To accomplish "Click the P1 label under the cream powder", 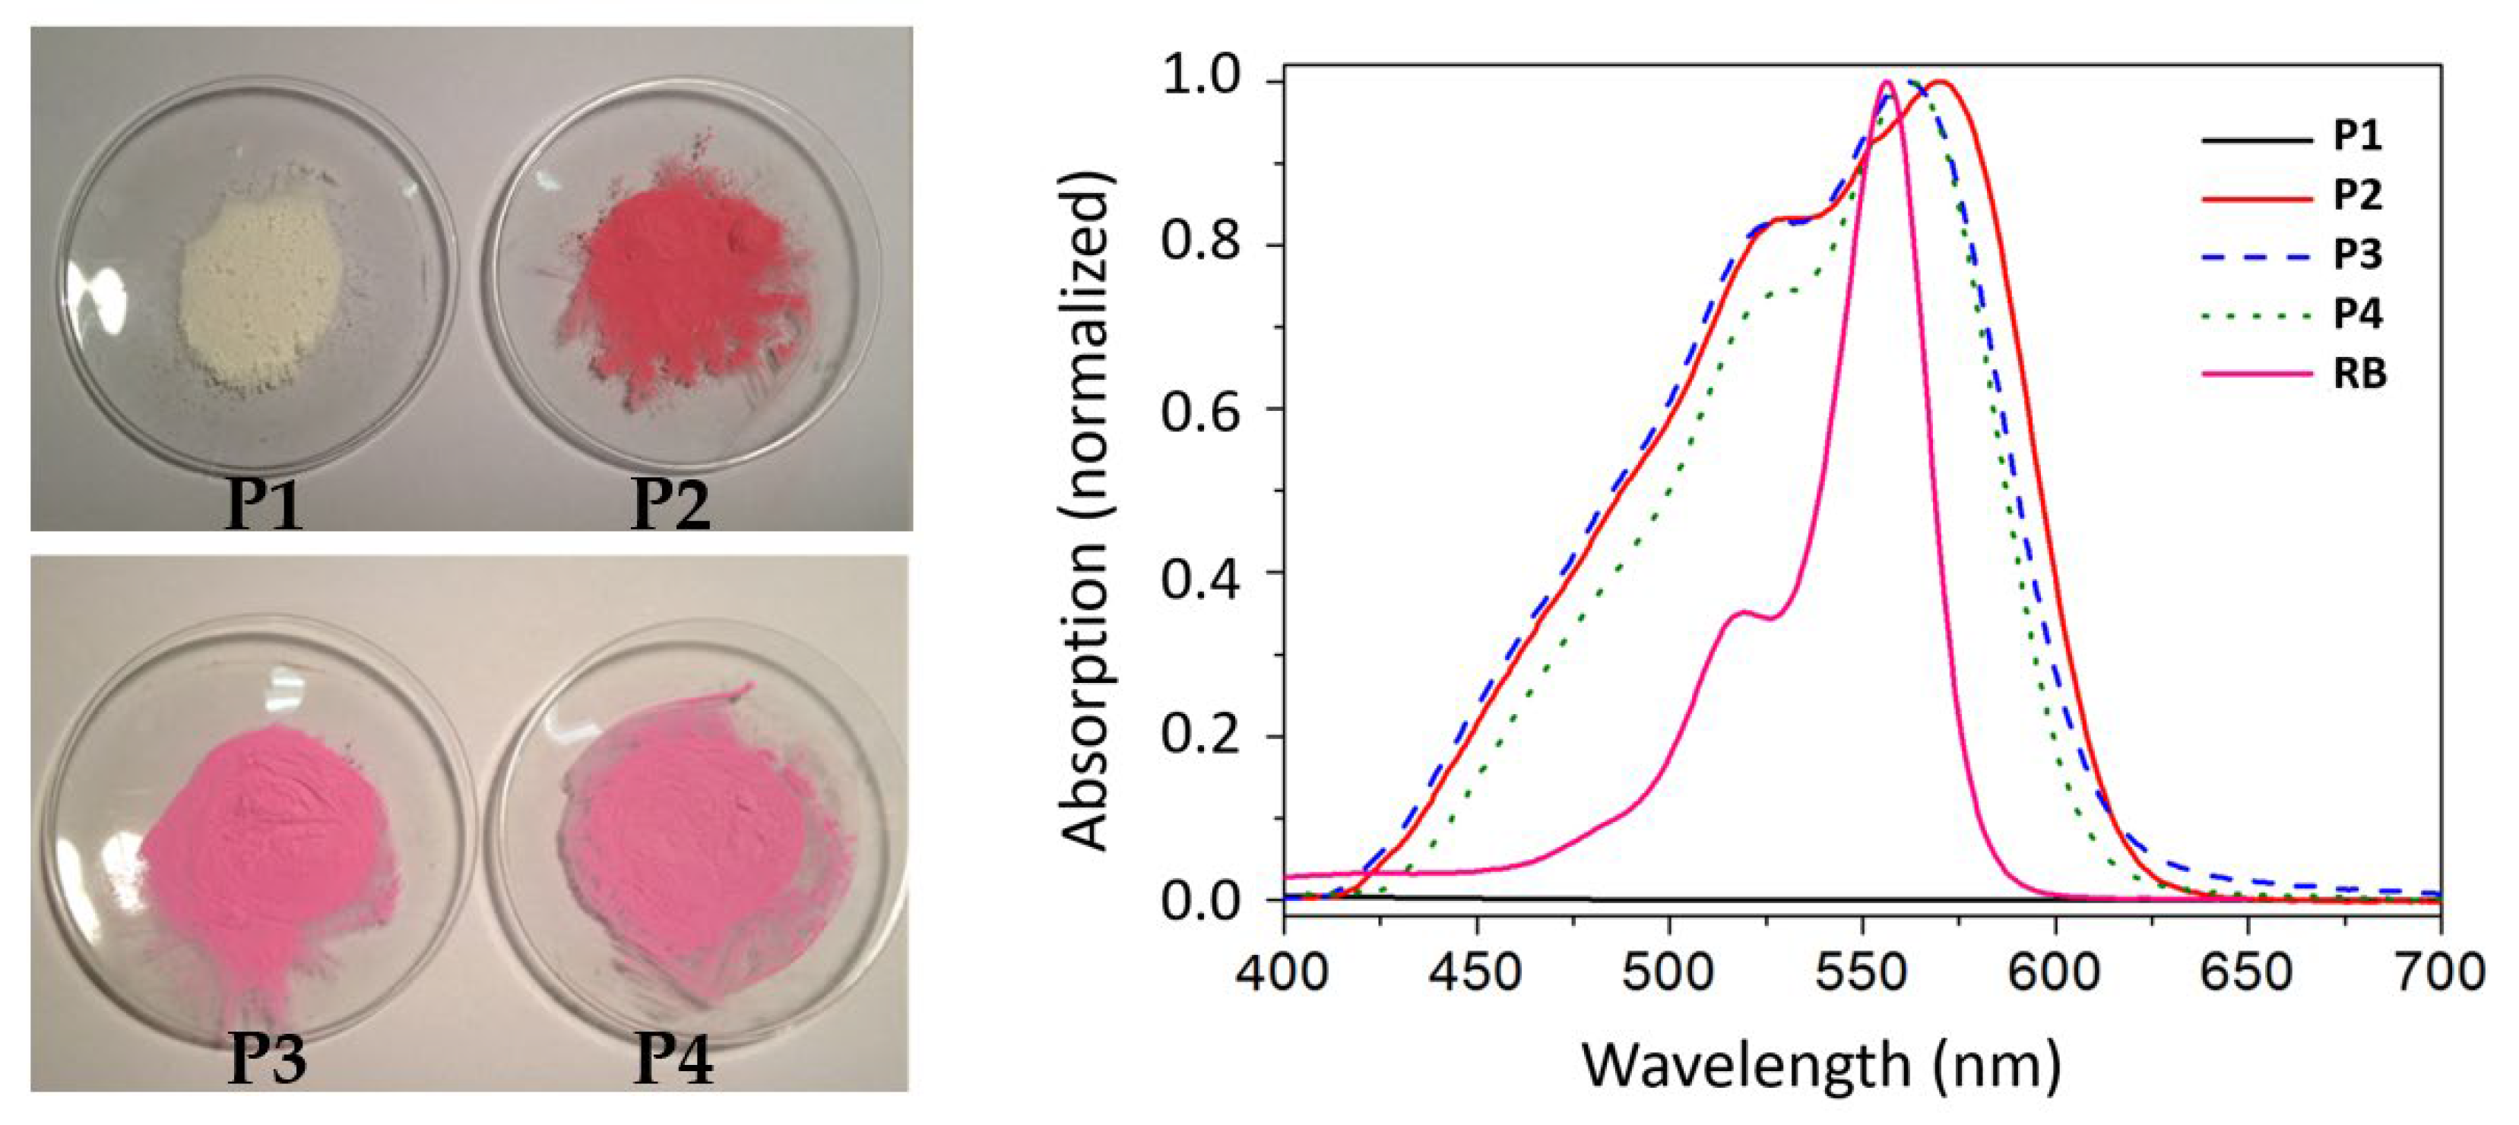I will coord(263,504).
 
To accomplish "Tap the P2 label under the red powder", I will coord(670,504).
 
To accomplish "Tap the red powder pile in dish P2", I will coord(685,283).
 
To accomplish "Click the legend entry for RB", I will coord(2359,374).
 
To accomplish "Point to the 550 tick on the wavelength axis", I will coord(1862,972).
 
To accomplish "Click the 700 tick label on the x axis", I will coord(2441,972).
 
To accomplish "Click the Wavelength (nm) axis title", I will coord(1820,1066).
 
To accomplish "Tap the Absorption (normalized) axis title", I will coord(1085,508).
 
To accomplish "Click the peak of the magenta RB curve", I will coord(1887,82).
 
